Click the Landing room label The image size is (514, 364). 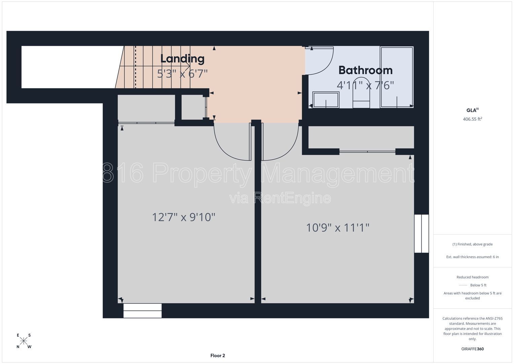point(182,59)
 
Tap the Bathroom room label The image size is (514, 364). point(366,70)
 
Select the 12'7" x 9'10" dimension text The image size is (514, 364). point(183,217)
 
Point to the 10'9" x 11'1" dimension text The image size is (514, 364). point(338,228)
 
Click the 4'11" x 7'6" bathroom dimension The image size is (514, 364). point(365,85)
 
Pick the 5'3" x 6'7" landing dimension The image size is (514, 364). point(182,73)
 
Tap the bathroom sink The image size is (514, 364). point(326,100)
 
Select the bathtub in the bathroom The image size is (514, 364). point(397,77)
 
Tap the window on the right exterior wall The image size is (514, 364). point(421,234)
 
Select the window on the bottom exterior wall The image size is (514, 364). point(142,311)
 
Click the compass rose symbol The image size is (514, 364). point(24,341)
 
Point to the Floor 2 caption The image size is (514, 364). point(217,356)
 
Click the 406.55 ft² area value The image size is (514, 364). point(473,119)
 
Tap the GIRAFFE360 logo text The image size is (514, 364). point(473,349)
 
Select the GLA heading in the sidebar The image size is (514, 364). point(473,110)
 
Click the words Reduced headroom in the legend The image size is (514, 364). point(473,277)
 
